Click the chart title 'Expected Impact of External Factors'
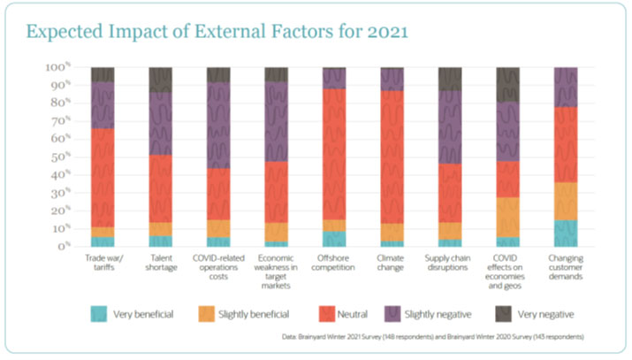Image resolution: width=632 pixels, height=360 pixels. point(217,32)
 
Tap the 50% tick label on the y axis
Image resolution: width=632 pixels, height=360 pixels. point(58,157)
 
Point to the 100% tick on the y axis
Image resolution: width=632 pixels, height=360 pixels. point(57,67)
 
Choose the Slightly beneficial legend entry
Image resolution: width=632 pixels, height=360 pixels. point(228,313)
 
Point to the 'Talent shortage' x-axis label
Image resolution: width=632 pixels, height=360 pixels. point(160,263)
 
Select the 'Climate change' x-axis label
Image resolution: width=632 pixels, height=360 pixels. point(392,263)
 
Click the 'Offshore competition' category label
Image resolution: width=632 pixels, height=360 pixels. point(334,263)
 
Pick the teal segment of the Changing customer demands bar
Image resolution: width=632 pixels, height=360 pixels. point(566,233)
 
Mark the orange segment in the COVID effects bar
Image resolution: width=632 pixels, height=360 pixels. point(507,217)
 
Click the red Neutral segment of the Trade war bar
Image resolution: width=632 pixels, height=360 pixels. point(103,178)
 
